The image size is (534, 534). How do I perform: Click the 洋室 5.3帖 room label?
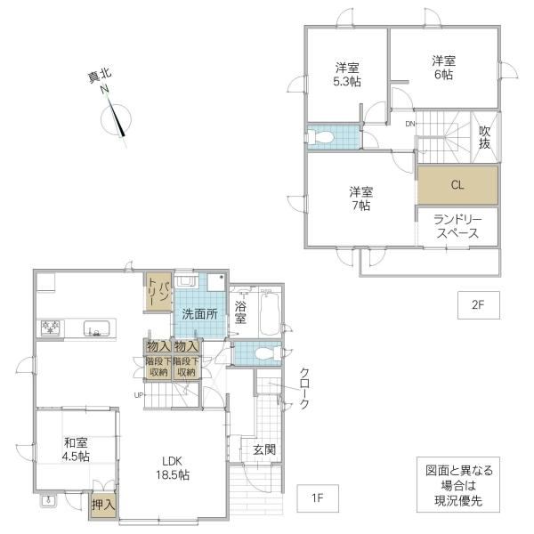(x=347, y=75)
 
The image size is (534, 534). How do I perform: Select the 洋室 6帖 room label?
(x=444, y=68)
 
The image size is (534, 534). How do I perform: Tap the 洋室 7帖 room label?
(x=361, y=198)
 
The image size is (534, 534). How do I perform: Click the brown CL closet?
(x=457, y=185)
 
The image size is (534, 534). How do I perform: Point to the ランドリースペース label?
(x=457, y=226)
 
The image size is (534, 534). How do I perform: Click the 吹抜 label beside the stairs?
(x=485, y=137)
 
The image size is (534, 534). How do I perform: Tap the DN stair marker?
(x=410, y=124)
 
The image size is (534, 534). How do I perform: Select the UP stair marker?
(x=139, y=395)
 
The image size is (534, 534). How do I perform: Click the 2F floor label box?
(x=479, y=305)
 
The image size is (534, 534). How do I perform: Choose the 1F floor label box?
(x=318, y=498)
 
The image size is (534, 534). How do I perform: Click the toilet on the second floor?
(x=320, y=137)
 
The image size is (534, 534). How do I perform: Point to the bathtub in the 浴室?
(x=270, y=314)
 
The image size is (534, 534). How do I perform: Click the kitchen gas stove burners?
(x=51, y=328)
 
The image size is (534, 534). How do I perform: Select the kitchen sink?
(x=97, y=328)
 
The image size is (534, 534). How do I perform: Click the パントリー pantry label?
(x=158, y=292)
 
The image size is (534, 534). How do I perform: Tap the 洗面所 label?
(x=199, y=314)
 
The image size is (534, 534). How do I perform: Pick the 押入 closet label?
(x=103, y=505)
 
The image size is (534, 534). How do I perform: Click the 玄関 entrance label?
(x=264, y=449)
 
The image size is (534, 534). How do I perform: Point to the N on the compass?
(x=104, y=90)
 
